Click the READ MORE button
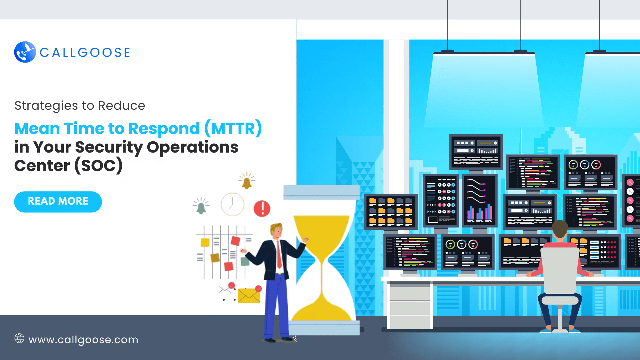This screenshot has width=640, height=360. pos(58,202)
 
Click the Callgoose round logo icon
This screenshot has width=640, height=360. pos(25,52)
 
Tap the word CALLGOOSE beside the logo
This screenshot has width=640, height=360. pos(85,53)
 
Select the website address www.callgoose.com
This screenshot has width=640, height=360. pos(83,340)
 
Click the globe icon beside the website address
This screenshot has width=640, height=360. pos(19,338)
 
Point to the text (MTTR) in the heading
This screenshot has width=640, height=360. pos(233,129)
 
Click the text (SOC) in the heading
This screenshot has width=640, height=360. pos(99,166)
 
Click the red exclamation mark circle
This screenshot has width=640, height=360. pos(262,208)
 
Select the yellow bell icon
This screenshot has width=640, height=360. pos(247,181)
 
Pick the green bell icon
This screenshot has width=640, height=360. pos(201,206)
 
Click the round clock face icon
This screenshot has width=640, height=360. pos(233,204)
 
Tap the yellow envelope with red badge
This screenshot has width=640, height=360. pos(249,294)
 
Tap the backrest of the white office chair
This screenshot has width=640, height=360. pos(560,270)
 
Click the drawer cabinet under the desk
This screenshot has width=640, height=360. pos(410,307)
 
